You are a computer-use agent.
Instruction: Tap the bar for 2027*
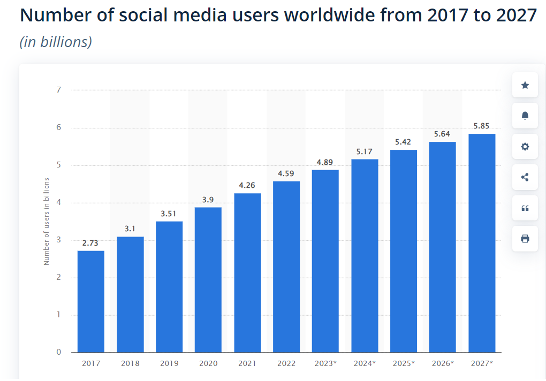[482, 243]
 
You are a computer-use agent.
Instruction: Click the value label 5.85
[482, 126]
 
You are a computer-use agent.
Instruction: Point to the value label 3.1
[130, 228]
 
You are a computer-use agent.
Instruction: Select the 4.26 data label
[247, 186]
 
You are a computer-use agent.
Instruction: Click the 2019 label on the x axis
[169, 363]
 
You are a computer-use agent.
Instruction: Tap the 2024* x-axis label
[365, 363]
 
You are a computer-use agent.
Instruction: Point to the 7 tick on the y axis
[58, 90]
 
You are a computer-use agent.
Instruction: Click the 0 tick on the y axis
[58, 352]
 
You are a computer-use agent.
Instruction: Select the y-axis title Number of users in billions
[47, 221]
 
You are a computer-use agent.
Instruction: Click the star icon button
[525, 85]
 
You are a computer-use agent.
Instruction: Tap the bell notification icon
[525, 116]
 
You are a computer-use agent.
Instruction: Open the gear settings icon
[525, 146]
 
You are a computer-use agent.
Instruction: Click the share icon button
[525, 177]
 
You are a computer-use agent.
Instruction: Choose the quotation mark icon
[525, 208]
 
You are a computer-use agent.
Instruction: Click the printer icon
[525, 238]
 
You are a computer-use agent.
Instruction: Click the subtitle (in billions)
[56, 42]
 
